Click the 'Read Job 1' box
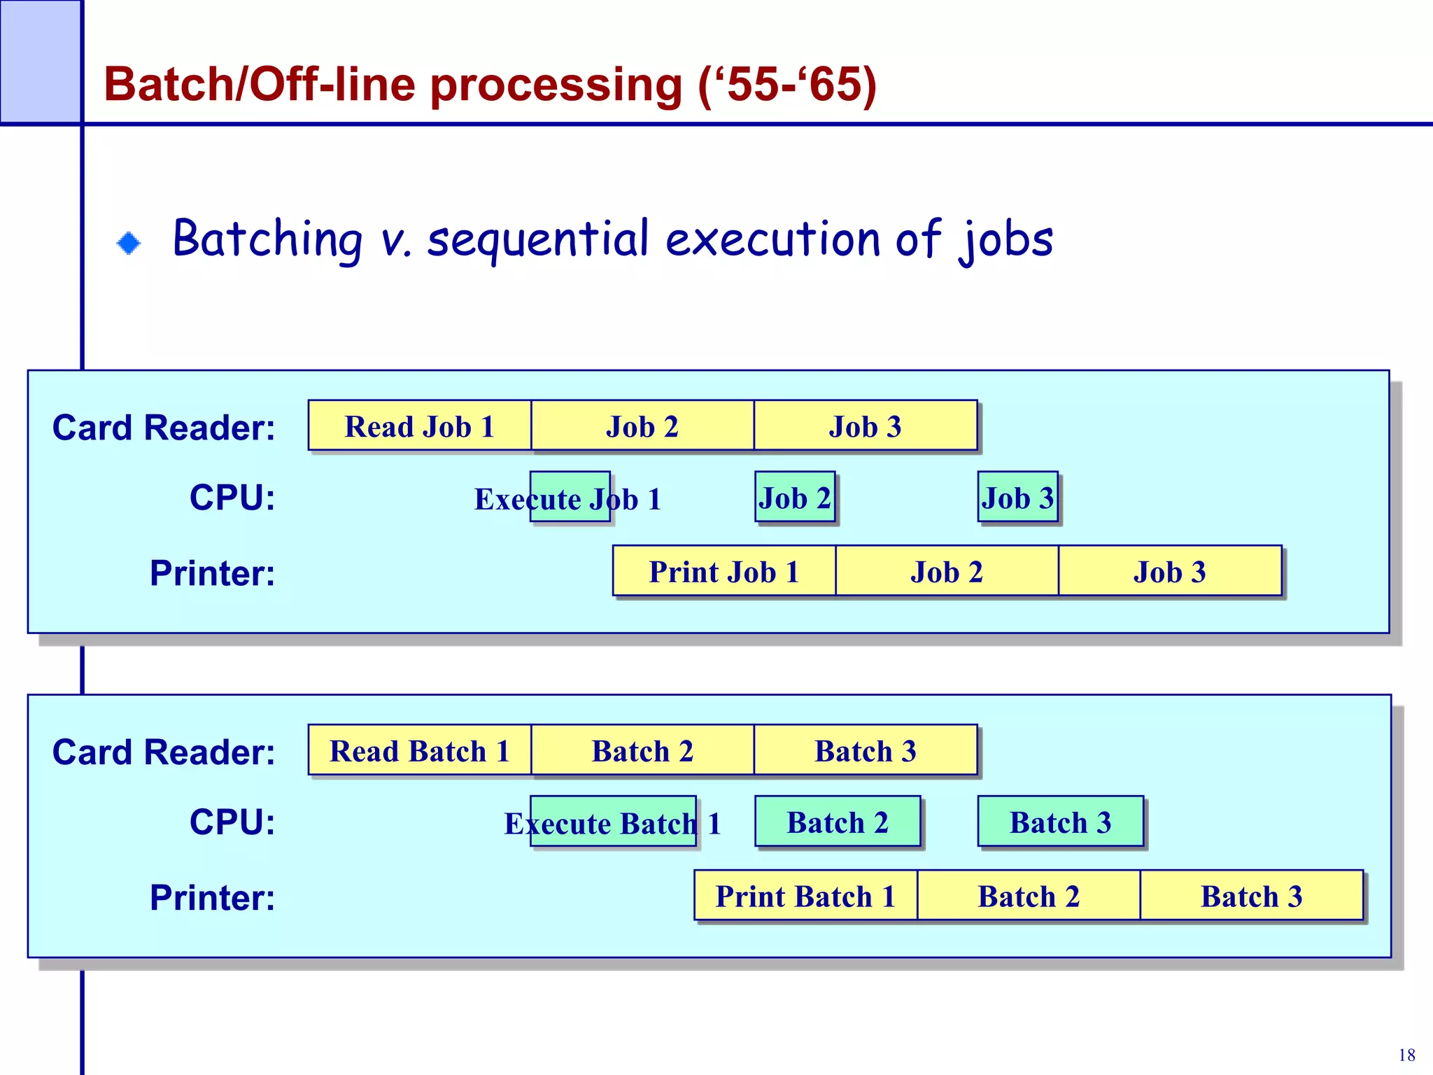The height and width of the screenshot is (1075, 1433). [x=419, y=426]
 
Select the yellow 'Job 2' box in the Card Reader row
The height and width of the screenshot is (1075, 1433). [x=642, y=426]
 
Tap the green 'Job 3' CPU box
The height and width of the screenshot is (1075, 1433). [x=1017, y=497]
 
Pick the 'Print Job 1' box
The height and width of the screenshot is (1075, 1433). [x=723, y=571]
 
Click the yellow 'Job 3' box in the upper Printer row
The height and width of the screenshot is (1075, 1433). [x=1169, y=571]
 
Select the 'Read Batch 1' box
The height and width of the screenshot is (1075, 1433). [x=419, y=750]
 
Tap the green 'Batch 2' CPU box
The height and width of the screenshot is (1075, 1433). [x=837, y=822]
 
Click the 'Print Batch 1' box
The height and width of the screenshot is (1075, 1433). [x=805, y=895]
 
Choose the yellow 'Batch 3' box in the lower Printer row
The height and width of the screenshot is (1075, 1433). [x=1251, y=895]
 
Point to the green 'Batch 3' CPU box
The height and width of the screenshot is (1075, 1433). [x=1060, y=822]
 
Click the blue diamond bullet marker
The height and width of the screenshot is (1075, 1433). [x=129, y=243]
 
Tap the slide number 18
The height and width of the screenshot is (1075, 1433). [x=1406, y=1055]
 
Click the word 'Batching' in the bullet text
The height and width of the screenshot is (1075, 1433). [x=267, y=239]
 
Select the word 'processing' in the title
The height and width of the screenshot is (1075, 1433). [x=556, y=85]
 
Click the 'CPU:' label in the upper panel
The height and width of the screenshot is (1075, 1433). [x=232, y=498]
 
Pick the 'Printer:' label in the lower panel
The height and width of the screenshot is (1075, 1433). [x=212, y=897]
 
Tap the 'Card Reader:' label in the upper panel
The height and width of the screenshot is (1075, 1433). [x=164, y=428]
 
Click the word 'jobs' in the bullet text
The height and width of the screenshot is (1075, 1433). [x=1005, y=240]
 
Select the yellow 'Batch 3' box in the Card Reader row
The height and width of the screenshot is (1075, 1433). [x=865, y=750]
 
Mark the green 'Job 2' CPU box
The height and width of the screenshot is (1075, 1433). [x=795, y=497]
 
